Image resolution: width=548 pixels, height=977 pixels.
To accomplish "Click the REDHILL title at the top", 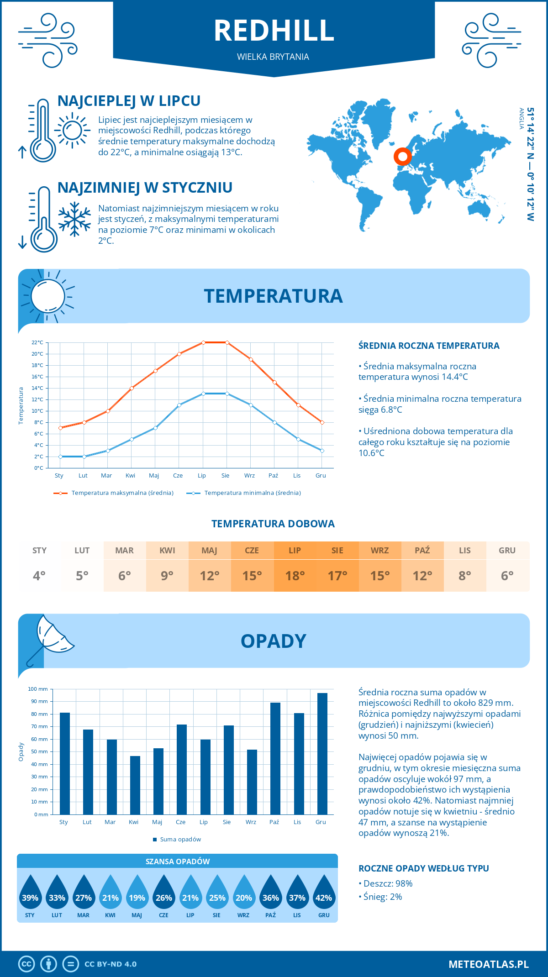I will click(x=274, y=31).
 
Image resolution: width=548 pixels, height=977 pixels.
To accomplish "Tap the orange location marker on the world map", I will click(x=402, y=157).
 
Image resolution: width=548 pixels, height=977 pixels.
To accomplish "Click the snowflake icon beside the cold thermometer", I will click(x=74, y=219).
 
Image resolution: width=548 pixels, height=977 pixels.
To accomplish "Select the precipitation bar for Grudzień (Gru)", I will click(x=322, y=753).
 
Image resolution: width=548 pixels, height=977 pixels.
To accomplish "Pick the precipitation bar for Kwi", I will click(x=135, y=785).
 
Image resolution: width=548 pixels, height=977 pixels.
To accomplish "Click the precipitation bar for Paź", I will click(x=275, y=758).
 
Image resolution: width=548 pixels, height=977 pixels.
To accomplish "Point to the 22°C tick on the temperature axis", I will click(x=37, y=342).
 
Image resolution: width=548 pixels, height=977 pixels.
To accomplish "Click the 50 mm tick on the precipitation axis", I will click(x=40, y=751).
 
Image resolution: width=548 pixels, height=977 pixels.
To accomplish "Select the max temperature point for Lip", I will click(x=203, y=342).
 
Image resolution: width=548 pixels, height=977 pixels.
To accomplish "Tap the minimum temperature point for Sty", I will click(x=60, y=457).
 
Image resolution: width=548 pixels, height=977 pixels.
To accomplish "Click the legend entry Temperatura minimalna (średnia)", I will click(x=252, y=493).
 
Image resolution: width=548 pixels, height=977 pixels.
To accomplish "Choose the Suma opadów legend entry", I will click(x=180, y=840).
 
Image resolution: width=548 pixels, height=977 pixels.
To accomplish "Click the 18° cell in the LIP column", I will click(x=295, y=576).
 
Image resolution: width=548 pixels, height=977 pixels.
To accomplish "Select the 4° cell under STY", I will click(x=39, y=576).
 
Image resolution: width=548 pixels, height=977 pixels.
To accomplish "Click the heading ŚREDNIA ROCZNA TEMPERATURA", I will click(x=429, y=346).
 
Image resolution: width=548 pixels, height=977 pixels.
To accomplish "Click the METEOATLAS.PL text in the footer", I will click(x=488, y=964).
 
